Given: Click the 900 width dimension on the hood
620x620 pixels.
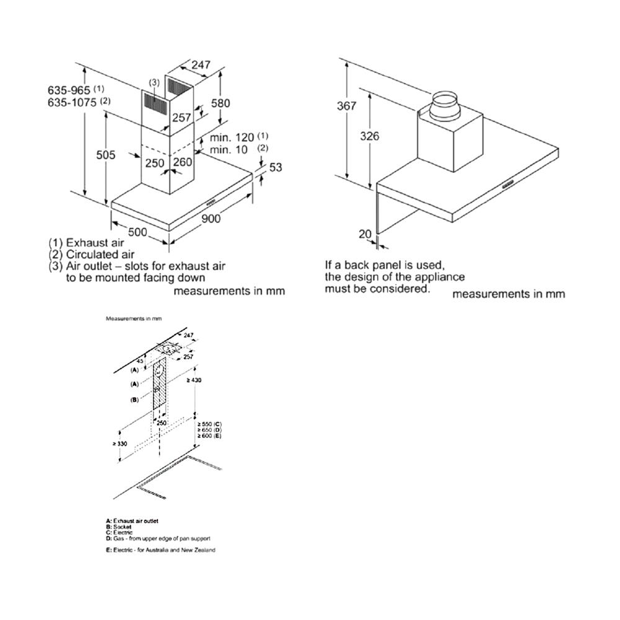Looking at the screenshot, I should click(211, 218).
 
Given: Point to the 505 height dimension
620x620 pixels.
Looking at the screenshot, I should click(105, 155).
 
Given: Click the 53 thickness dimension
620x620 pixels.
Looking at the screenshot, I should click(276, 167).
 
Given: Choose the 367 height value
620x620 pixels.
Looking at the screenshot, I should click(347, 106).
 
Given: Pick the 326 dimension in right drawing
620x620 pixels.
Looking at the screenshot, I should click(370, 136).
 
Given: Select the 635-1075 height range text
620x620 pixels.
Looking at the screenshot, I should click(72, 102).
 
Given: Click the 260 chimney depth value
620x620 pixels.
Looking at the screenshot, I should click(183, 163).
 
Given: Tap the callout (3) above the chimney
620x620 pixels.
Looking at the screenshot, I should click(154, 82).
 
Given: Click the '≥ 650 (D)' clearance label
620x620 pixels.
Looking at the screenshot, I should click(208, 430).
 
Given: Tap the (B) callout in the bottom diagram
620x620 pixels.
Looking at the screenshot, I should click(134, 400).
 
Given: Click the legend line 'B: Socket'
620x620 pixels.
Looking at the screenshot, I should click(114, 527).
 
